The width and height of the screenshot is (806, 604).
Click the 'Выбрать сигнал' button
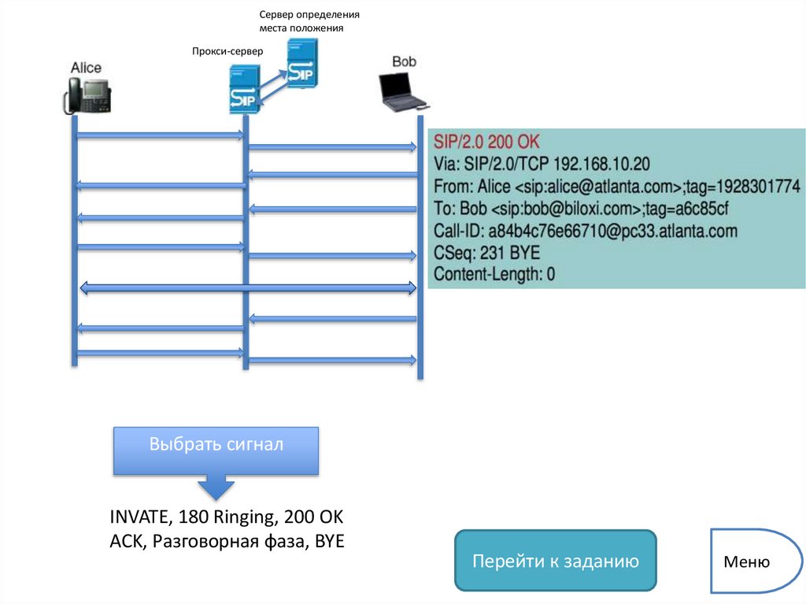click(x=216, y=446)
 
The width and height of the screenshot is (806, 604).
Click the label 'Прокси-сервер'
click(x=227, y=52)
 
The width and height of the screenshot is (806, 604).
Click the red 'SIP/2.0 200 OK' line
click(x=486, y=143)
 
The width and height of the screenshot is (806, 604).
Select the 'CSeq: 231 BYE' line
click(x=486, y=253)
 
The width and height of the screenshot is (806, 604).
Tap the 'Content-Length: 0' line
click(x=494, y=274)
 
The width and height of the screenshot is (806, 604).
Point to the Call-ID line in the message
click(x=585, y=231)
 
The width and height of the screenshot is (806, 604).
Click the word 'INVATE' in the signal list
click(x=140, y=517)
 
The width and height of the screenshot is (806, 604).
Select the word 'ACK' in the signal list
click(x=127, y=542)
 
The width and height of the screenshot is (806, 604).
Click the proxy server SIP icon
click(x=246, y=90)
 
